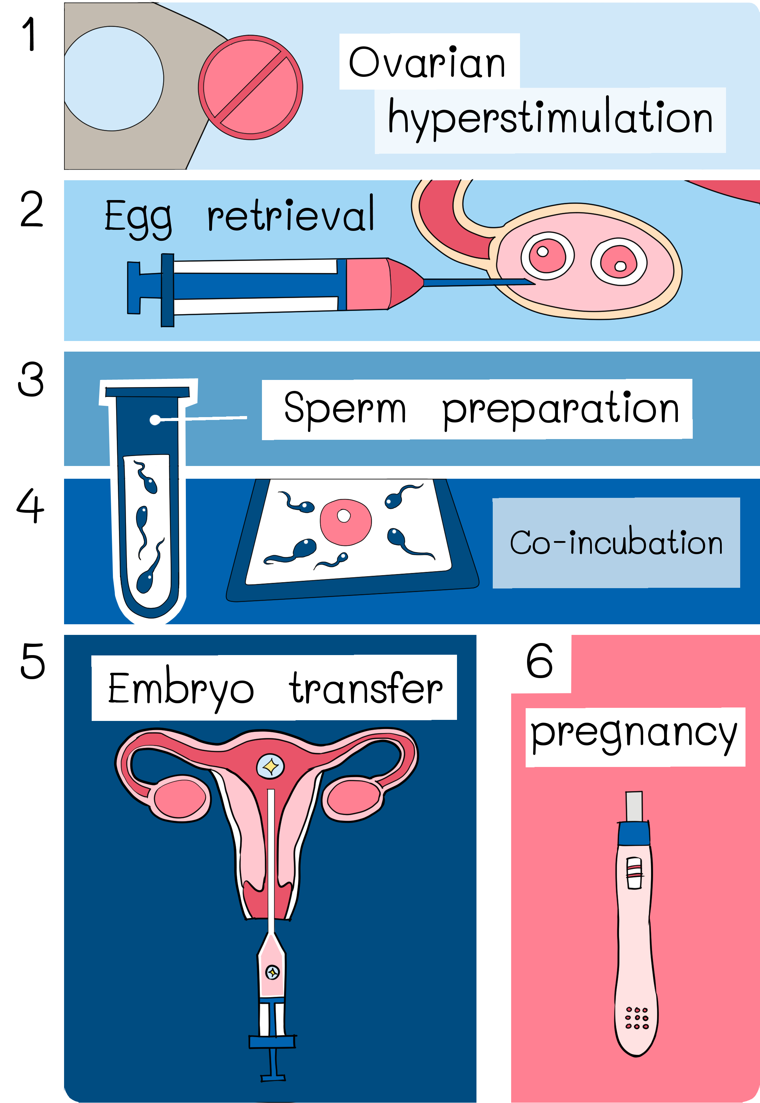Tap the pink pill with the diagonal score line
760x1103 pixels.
tap(251, 87)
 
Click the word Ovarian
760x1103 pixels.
tap(427, 62)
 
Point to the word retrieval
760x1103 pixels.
tap(291, 214)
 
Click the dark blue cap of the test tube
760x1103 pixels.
tap(148, 392)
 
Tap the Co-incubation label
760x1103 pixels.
tap(616, 542)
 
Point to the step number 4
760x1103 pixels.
tap(30, 506)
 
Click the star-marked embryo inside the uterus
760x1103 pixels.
tap(270, 766)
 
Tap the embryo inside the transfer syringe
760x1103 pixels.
tap(272, 972)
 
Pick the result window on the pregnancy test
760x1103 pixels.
tap(634, 873)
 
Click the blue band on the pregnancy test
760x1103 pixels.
tap(633, 834)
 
